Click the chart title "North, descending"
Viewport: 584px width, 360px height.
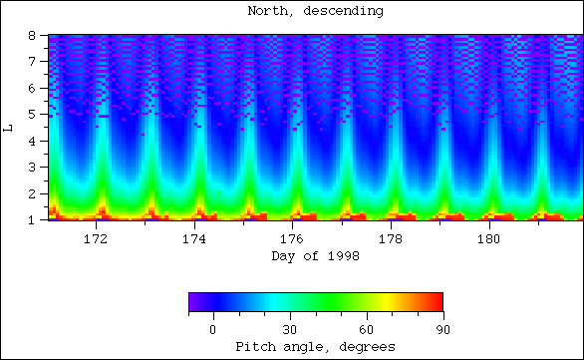pos(314,12)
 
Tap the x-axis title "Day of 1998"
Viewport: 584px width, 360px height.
pos(314,256)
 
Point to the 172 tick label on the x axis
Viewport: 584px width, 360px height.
pos(97,239)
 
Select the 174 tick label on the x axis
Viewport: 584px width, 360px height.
pos(194,239)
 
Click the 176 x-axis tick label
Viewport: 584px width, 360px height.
pos(292,239)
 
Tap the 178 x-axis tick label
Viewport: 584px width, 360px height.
pos(391,239)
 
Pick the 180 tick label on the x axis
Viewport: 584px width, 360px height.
pos(488,239)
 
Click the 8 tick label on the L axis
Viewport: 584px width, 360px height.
pos(34,36)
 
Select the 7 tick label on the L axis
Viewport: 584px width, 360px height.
pos(34,62)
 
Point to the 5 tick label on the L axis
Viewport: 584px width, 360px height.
pos(34,115)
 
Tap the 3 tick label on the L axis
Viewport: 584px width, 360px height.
pos(34,167)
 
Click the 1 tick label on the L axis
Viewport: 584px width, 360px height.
pos(34,219)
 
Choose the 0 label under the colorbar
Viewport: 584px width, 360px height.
pos(212,329)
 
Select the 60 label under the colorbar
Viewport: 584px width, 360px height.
pos(366,329)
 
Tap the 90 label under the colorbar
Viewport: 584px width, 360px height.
pos(441,329)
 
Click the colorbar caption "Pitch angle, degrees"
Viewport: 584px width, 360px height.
pos(315,346)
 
